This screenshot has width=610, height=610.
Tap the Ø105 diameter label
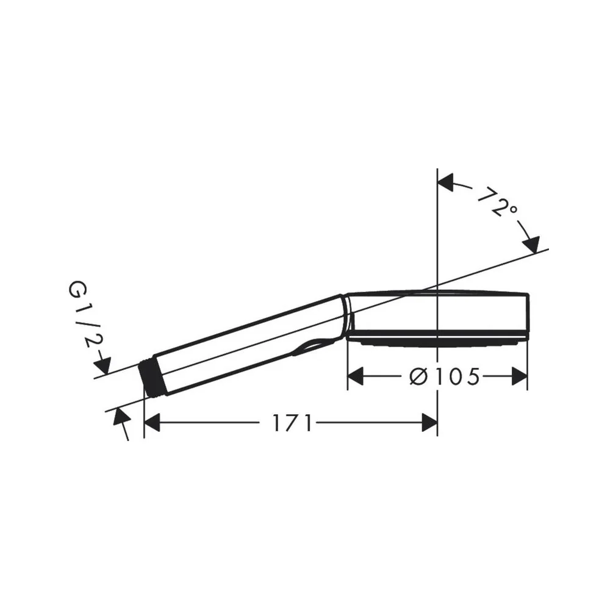pos(445,376)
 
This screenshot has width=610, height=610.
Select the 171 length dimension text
pos(292,423)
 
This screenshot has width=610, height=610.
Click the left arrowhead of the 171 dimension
pos(152,423)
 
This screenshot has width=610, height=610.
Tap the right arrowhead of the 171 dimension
pos(429,423)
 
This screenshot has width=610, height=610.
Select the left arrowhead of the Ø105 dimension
pos(355,376)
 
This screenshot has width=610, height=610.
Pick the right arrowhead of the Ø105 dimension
pos(519,376)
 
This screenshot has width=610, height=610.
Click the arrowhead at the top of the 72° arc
pos(446,182)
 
